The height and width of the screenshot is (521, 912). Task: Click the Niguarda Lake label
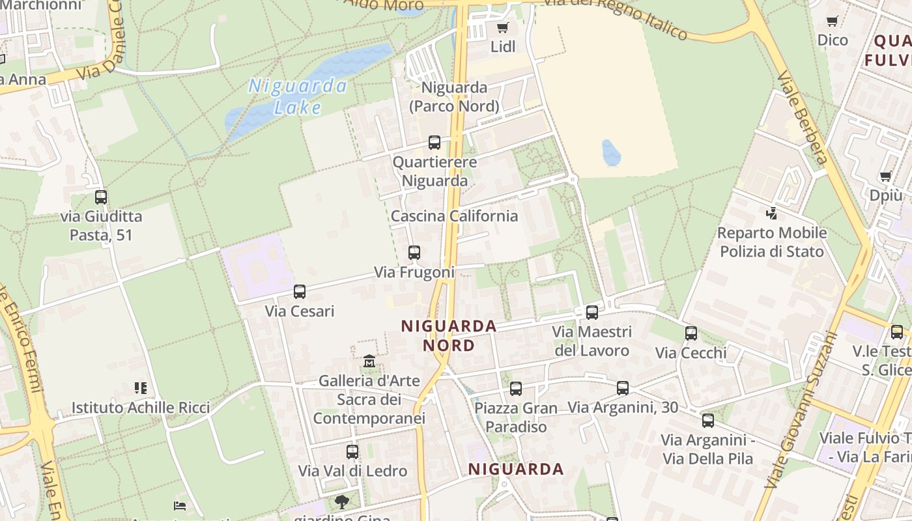(x=298, y=96)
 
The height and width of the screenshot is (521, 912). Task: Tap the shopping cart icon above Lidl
(x=502, y=27)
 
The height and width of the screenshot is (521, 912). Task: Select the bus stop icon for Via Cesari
(x=300, y=292)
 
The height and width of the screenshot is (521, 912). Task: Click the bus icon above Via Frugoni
(x=414, y=253)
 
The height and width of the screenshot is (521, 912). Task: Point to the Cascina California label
(x=454, y=216)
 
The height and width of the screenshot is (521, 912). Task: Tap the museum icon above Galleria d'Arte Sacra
(x=369, y=361)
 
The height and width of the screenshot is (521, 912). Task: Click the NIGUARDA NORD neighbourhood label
(x=449, y=335)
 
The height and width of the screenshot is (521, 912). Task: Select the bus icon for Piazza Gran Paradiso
(x=516, y=389)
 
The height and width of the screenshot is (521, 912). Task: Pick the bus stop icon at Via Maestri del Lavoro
(x=592, y=313)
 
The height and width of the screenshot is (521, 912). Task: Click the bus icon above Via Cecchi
(x=691, y=333)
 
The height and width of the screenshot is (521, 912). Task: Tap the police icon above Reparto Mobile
(x=772, y=213)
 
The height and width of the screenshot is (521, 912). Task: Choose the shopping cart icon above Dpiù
(x=885, y=176)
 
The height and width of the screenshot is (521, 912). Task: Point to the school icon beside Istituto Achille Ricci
(x=140, y=388)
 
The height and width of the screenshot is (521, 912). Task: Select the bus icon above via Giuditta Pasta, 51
(x=101, y=197)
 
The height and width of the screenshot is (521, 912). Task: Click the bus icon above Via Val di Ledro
(x=352, y=451)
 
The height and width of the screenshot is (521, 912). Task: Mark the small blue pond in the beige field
(x=611, y=153)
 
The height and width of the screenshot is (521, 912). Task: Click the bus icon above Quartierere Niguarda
(x=435, y=143)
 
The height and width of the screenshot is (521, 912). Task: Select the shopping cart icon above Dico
(x=832, y=21)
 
